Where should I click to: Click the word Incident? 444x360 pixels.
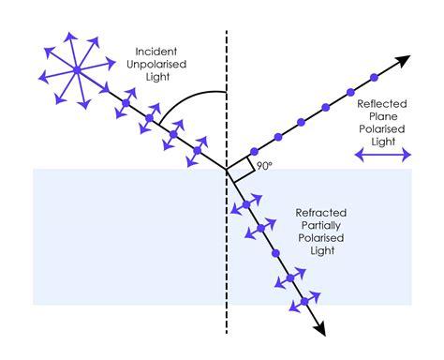pos(156,52)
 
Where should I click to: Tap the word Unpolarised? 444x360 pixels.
pos(156,65)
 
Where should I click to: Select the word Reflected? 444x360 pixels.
pos(382,104)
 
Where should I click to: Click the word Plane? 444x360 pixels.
pos(383,116)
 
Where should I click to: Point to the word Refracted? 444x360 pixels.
pos(321,213)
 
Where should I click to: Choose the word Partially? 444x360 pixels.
pos(321,225)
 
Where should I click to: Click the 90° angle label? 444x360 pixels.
pos(264,166)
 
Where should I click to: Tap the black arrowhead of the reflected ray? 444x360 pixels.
pos(404,60)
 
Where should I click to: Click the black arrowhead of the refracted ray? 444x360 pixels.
pos(320,329)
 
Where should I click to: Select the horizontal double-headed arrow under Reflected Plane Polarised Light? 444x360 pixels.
pos(383,155)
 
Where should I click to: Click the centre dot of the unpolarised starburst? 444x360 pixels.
pos(77,70)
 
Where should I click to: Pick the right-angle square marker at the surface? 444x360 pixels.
pos(241,169)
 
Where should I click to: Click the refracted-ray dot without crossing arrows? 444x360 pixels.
pos(275,253)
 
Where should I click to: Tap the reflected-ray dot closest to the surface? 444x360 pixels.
pos(254,152)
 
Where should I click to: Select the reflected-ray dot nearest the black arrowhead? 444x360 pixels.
pos(375,78)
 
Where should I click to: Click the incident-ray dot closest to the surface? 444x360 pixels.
pos(198,150)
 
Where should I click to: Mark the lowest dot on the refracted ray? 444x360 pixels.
pos(304,302)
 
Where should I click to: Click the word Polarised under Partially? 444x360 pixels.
pos(321,238)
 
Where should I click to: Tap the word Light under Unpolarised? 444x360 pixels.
pos(157,77)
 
